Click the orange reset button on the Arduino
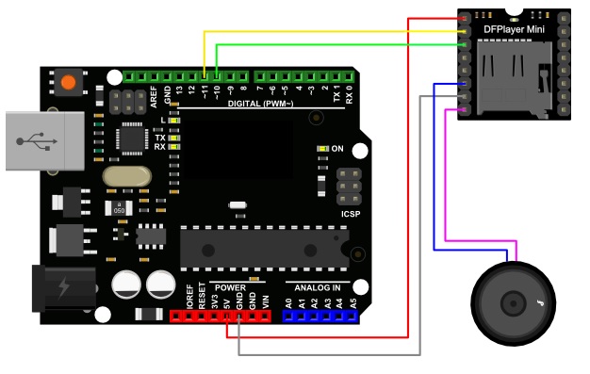coord(67,83)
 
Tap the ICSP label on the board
coord(351,213)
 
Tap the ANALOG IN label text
coord(320,286)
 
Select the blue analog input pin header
coord(320,317)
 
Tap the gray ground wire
coord(330,354)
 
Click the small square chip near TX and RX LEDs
coord(131,137)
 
